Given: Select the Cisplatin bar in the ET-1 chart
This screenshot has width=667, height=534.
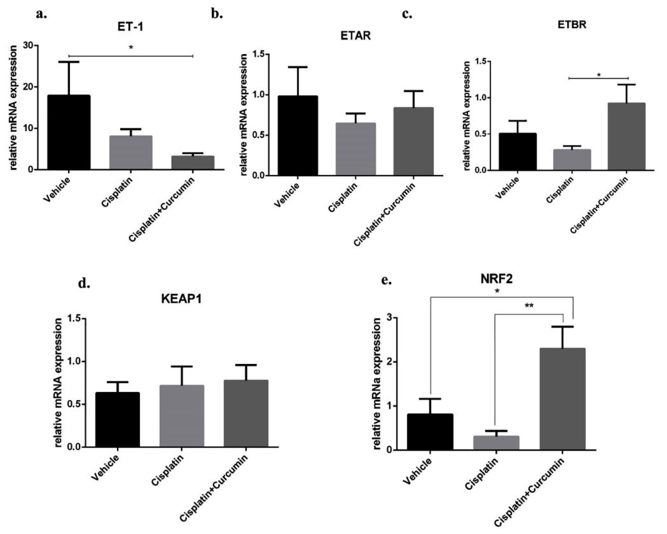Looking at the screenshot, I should (130, 153).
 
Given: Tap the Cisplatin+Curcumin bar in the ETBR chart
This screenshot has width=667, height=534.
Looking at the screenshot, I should (626, 136).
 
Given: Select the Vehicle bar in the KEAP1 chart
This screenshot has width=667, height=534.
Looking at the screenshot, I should (117, 419).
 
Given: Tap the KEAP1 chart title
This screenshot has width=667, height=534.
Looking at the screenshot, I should (181, 299).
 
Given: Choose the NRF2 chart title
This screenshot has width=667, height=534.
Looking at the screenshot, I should (497, 279).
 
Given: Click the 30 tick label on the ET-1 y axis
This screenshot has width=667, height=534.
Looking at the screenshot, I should (29, 45).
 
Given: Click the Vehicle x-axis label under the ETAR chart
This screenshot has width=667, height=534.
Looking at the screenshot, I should (287, 195).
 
